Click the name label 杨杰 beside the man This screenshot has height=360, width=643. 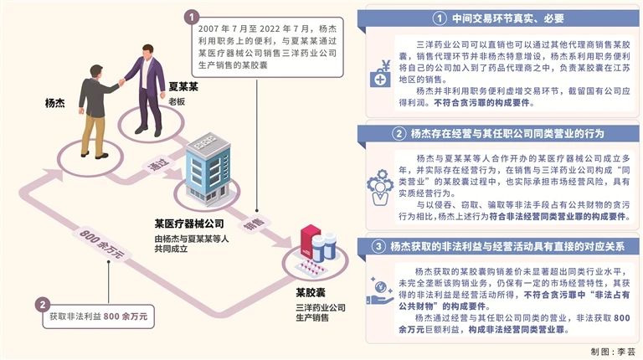point(54,105)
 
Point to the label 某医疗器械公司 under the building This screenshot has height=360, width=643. point(189,224)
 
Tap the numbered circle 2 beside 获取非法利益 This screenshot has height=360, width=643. point(44,305)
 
